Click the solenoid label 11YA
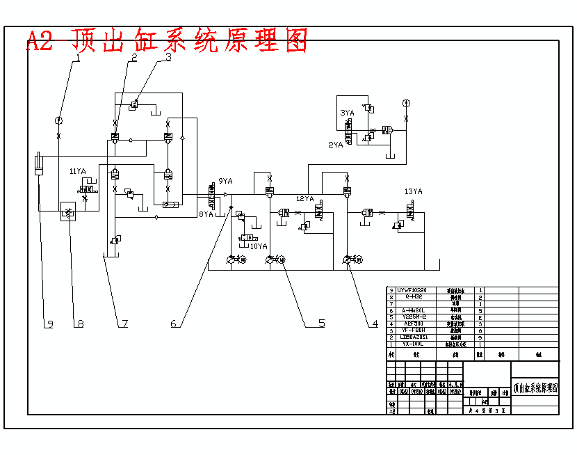point(77,171)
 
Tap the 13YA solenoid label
point(413,191)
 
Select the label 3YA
point(347,112)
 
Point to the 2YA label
point(336,145)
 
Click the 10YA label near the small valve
point(258,246)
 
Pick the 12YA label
point(305,199)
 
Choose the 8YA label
point(206,214)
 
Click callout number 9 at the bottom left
point(49,324)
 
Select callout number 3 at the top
point(168,58)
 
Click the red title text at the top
point(167,41)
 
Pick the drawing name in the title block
point(535,388)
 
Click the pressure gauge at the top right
point(406,103)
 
